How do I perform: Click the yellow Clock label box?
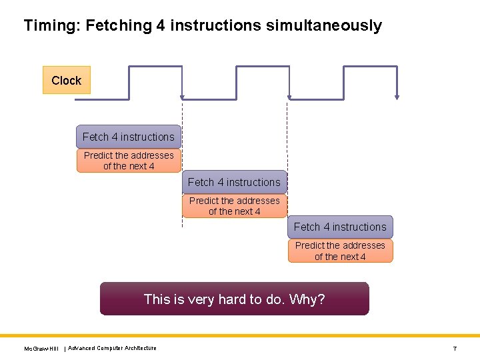click(66, 80)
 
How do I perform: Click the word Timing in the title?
click(49, 26)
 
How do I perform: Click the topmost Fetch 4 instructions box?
click(129, 137)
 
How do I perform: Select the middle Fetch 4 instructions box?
click(234, 182)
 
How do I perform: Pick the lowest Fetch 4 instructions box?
click(340, 227)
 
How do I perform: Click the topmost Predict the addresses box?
click(129, 161)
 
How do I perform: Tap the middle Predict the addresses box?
click(234, 206)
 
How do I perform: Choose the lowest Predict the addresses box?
click(340, 251)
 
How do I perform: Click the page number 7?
click(455, 349)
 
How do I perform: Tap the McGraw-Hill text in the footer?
click(41, 349)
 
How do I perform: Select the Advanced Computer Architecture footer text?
click(113, 348)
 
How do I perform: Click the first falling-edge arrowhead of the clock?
click(182, 97)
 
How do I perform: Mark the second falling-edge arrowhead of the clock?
click(289, 97)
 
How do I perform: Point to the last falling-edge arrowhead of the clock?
click(397, 97)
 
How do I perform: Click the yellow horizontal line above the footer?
click(240, 335)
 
